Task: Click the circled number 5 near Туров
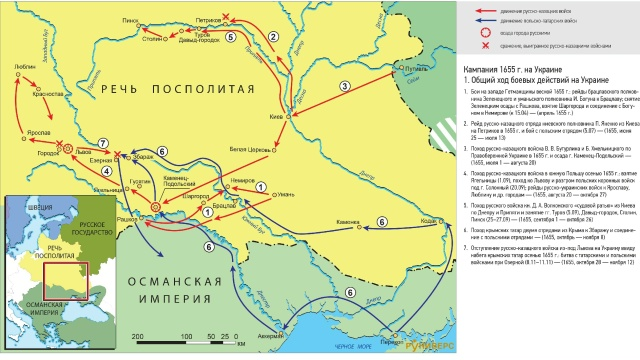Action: pos(231,37)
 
